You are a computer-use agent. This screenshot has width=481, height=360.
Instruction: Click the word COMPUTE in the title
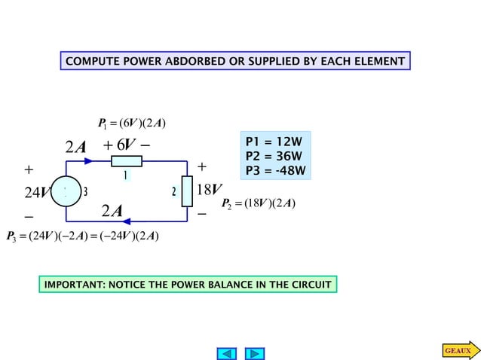(x=91, y=61)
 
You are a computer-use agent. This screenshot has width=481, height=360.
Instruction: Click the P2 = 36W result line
(x=275, y=156)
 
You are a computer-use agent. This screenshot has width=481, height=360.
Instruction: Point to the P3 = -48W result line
(x=277, y=170)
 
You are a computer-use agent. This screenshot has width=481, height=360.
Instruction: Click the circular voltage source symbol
(x=66, y=191)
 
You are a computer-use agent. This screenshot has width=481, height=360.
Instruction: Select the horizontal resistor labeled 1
(x=126, y=161)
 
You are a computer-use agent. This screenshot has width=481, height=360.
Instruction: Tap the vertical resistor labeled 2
(x=186, y=191)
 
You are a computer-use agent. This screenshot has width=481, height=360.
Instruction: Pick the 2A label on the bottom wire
(x=113, y=209)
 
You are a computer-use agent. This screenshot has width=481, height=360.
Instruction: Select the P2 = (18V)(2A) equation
(x=259, y=203)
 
